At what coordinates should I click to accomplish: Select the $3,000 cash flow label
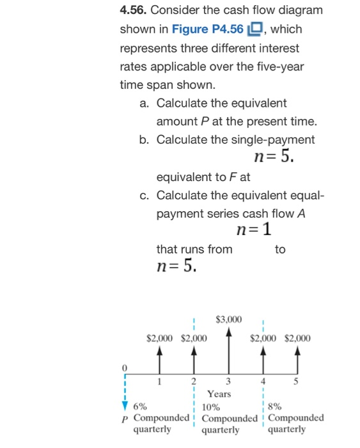point(228,318)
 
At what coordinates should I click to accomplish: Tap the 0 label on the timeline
point(126,367)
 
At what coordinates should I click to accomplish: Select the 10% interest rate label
point(210,406)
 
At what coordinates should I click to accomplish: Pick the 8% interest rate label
point(275,406)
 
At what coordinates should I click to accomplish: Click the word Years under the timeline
point(219,394)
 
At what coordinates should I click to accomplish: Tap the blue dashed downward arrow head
point(125,403)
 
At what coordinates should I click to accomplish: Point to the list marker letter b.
point(144,140)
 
